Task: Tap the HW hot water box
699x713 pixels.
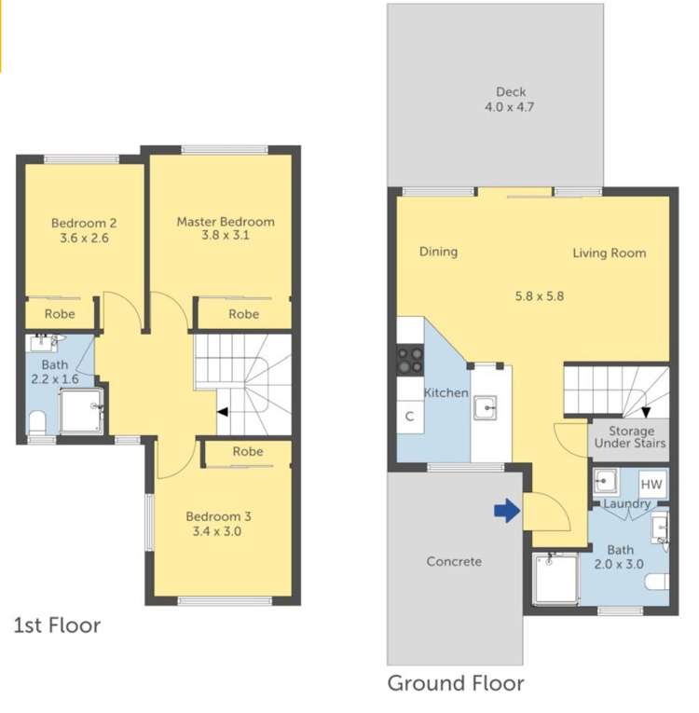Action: tap(651, 485)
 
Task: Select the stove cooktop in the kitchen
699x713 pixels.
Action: tap(410, 360)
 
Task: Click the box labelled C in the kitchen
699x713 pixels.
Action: tap(409, 417)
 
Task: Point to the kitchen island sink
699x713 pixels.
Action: tap(485, 407)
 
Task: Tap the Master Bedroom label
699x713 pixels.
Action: tap(226, 228)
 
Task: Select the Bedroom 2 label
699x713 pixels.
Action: tap(84, 230)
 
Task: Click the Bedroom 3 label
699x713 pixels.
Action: tap(218, 524)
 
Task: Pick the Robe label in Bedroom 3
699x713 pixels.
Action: tap(248, 451)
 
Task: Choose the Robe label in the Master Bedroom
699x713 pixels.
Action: tap(243, 314)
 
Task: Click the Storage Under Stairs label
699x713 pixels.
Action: tap(630, 437)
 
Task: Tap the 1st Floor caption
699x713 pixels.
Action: tap(56, 624)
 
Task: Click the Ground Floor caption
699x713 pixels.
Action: tap(456, 683)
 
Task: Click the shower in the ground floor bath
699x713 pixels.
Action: tap(555, 579)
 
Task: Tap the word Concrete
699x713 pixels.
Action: tap(454, 561)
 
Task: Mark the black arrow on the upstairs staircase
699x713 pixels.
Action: tap(222, 411)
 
